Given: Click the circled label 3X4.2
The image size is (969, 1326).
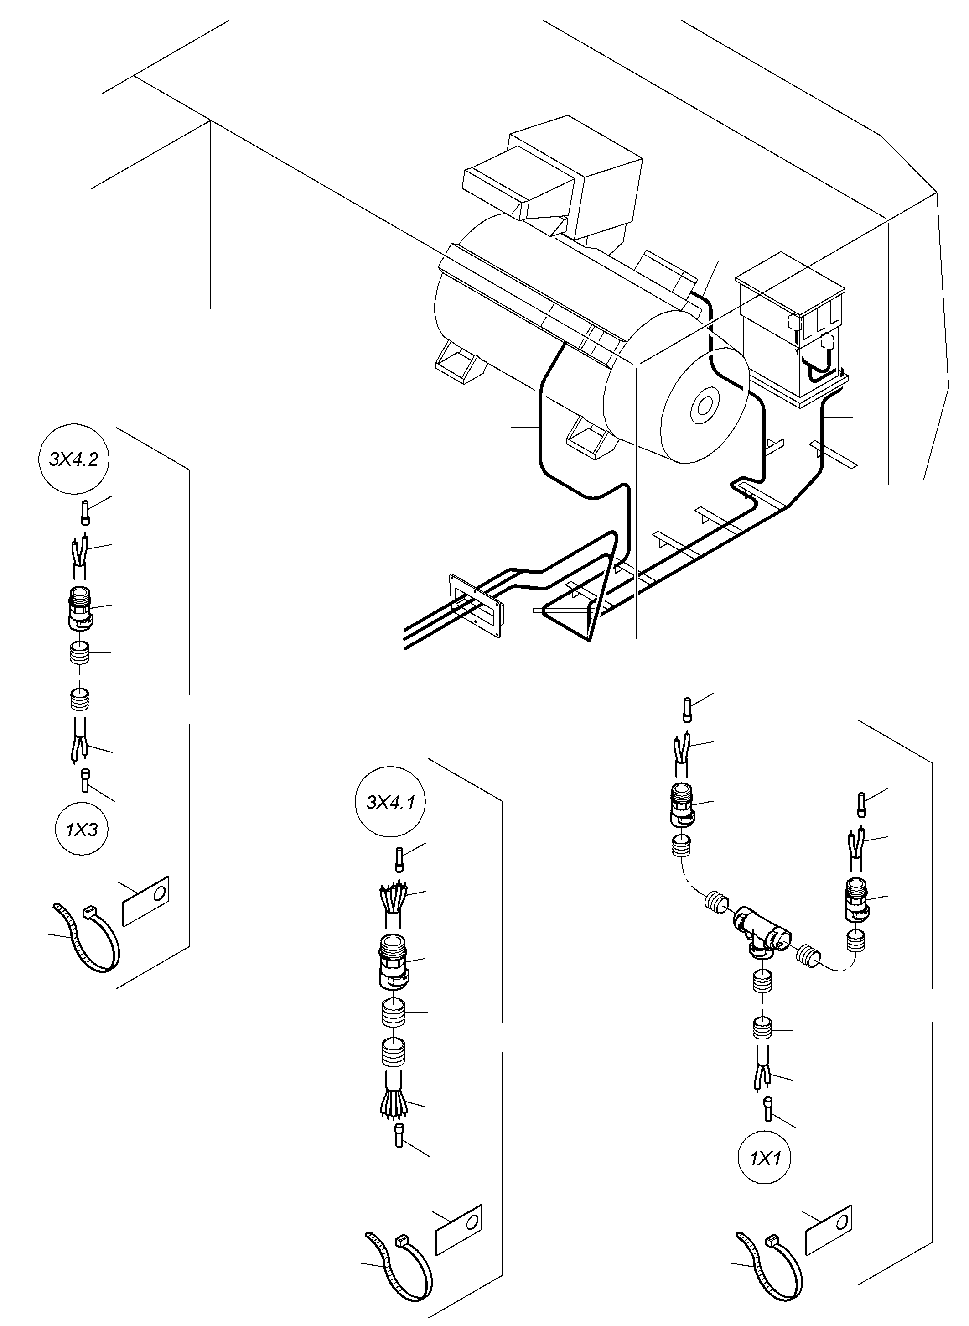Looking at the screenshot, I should [73, 459].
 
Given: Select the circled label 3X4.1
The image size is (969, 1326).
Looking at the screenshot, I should [391, 802].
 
